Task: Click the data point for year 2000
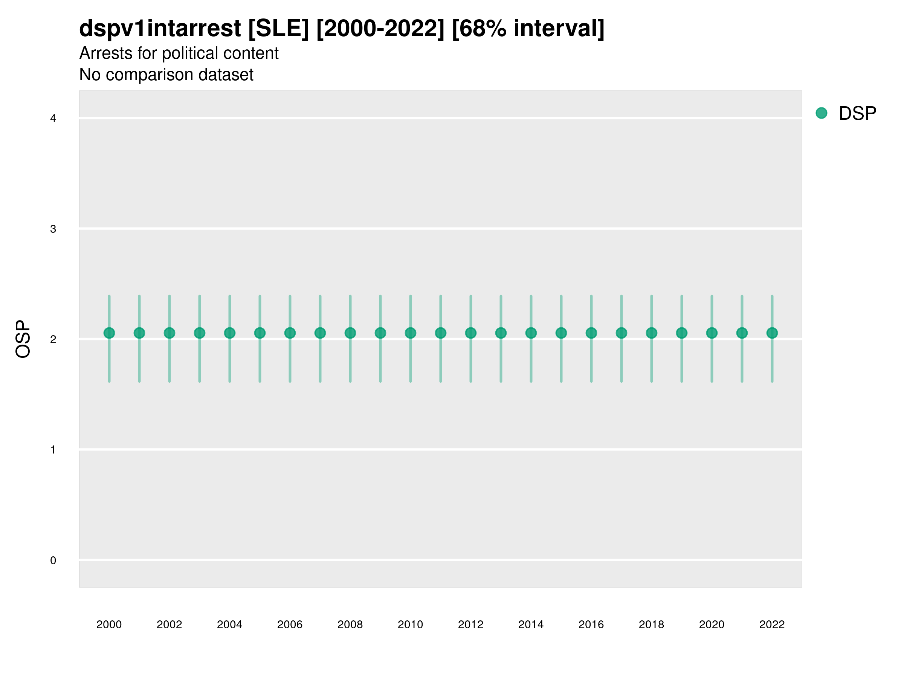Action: click(x=109, y=333)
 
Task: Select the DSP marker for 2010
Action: click(x=410, y=333)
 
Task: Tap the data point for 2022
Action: click(x=772, y=333)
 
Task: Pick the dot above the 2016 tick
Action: click(x=591, y=333)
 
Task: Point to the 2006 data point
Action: click(x=290, y=333)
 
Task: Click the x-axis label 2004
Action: click(x=230, y=625)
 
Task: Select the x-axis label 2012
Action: click(x=471, y=625)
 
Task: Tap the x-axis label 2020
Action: click(x=712, y=625)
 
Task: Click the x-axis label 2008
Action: click(x=350, y=625)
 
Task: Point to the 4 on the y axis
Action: click(x=53, y=119)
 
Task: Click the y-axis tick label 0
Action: click(x=53, y=560)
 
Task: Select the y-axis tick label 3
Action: click(x=53, y=229)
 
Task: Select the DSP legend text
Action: click(x=857, y=113)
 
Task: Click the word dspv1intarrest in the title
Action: click(x=160, y=29)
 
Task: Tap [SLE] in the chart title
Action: click(x=278, y=29)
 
